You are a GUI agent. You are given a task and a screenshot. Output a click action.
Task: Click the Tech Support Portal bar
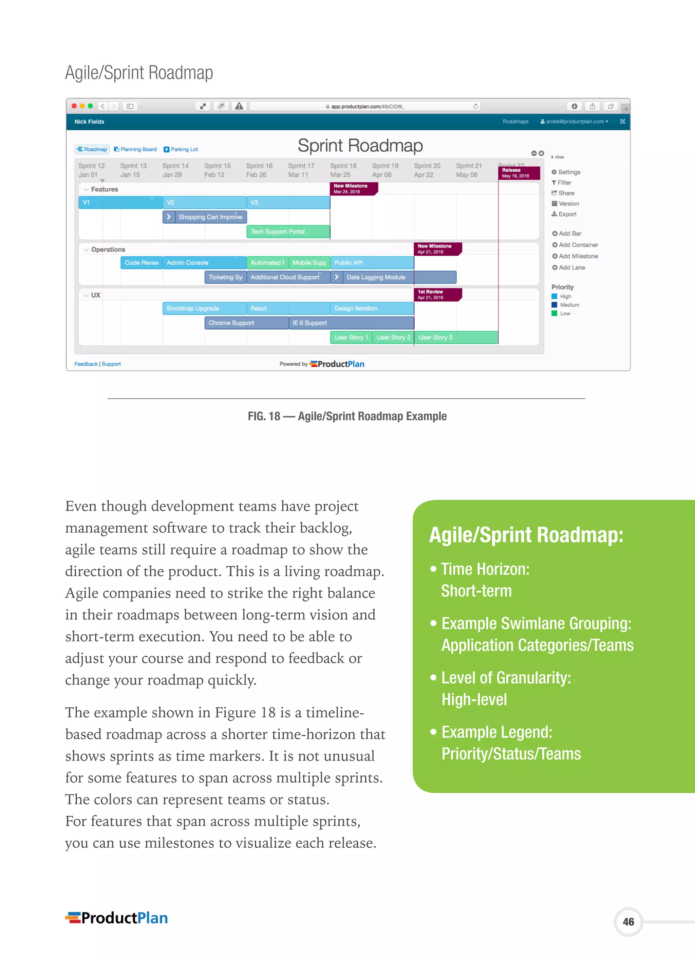[x=288, y=232]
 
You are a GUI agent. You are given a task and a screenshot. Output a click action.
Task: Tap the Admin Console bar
[x=204, y=263]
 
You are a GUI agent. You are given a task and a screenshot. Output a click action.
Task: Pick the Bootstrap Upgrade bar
[x=204, y=309]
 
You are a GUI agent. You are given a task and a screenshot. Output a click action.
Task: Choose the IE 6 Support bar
[x=351, y=323]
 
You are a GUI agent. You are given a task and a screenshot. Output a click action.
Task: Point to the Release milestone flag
[x=519, y=173]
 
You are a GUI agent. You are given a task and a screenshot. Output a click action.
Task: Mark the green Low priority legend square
[x=554, y=314]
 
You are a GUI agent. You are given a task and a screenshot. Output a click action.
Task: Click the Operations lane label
[x=108, y=250]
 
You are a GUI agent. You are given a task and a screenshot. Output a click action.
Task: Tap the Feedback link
[x=86, y=364]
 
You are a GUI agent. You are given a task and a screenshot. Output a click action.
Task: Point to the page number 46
[x=628, y=922]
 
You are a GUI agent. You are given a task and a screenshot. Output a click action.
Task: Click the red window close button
[x=74, y=106]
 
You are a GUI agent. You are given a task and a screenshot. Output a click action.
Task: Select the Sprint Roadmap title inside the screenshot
[x=360, y=146]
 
